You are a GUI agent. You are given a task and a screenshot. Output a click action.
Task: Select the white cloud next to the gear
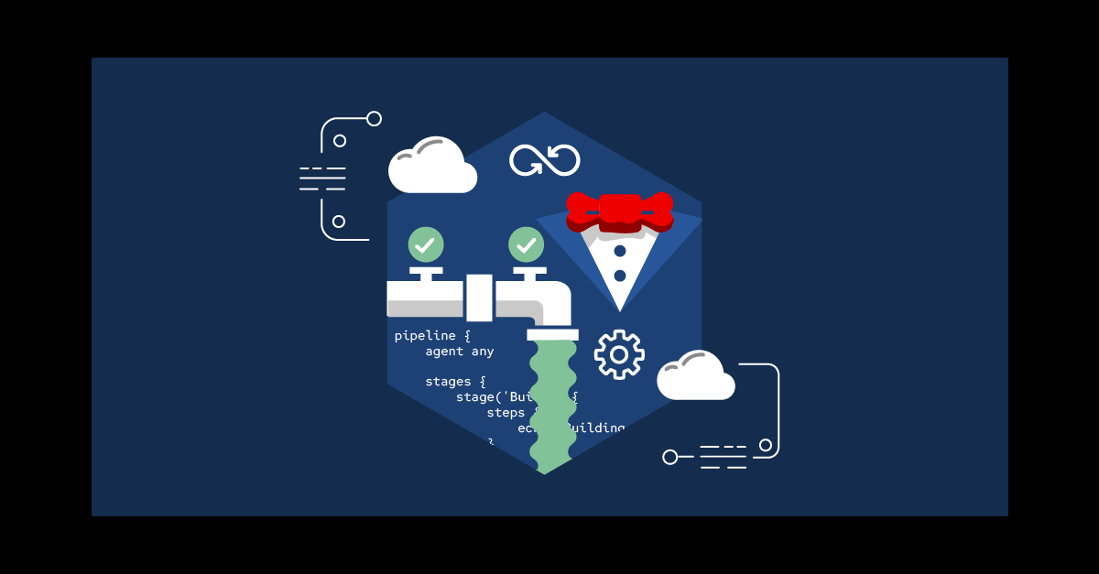click(x=695, y=378)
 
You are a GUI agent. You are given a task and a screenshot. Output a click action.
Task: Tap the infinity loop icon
click(x=545, y=160)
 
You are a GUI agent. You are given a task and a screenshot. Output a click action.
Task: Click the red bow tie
click(x=620, y=211)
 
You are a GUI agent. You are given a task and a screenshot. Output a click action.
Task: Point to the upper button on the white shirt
click(x=620, y=251)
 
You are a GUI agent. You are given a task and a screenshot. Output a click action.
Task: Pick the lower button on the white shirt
click(x=620, y=275)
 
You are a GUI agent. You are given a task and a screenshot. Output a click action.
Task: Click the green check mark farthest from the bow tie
click(x=426, y=244)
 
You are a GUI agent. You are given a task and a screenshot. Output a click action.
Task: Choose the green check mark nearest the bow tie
click(x=526, y=244)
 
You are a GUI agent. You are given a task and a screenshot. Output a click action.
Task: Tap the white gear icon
click(x=619, y=354)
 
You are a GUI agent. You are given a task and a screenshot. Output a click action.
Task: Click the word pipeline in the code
click(x=424, y=336)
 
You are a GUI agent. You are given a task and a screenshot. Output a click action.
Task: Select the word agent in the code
click(x=444, y=352)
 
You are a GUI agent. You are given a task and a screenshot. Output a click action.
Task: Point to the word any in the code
click(x=483, y=352)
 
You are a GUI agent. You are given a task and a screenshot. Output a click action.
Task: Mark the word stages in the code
click(x=448, y=382)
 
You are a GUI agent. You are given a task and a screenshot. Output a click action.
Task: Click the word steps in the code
click(x=506, y=413)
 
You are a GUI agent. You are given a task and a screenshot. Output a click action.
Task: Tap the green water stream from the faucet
click(x=552, y=403)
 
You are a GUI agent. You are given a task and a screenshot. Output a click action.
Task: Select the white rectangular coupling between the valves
click(x=479, y=298)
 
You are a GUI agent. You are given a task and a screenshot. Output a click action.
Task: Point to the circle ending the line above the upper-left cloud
click(x=374, y=118)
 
